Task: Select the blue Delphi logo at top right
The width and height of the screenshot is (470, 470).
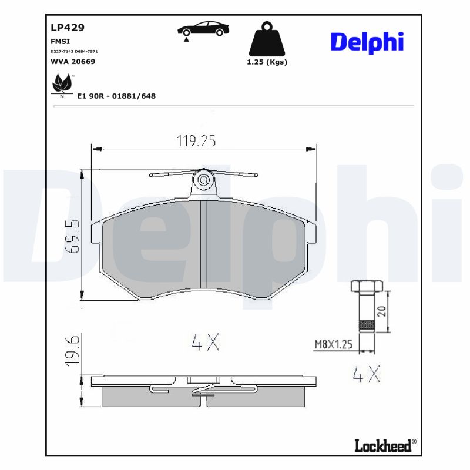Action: [367, 42]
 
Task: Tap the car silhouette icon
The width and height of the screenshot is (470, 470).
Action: [203, 29]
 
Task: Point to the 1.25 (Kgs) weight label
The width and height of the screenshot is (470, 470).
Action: [267, 62]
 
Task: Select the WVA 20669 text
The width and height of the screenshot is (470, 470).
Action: [73, 61]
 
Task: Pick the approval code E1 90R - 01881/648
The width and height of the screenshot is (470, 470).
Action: [116, 96]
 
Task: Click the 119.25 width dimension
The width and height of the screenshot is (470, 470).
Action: [197, 140]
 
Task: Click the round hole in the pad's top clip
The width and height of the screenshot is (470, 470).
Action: [204, 179]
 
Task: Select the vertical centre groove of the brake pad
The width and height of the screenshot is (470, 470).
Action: [204, 244]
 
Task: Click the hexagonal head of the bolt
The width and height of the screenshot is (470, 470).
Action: [367, 287]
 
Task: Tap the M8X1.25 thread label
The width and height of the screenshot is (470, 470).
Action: [332, 345]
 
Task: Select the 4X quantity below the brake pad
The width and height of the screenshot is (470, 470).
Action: [206, 341]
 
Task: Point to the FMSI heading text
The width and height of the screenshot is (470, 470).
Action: [60, 42]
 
